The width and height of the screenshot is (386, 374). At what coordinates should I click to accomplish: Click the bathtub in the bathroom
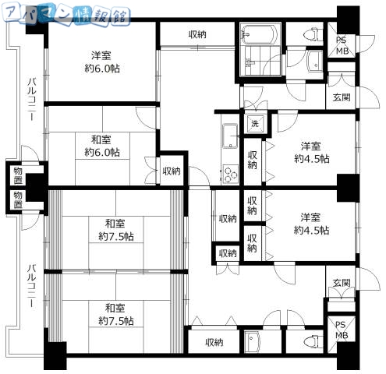tap(259, 34)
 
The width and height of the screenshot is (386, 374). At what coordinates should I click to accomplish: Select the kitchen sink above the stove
tap(230, 136)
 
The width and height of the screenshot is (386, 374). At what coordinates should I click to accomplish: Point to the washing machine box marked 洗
tap(255, 124)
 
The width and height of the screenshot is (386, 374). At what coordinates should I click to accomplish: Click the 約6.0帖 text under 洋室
tap(102, 69)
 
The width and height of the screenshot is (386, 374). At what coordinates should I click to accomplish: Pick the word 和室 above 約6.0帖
tap(101, 139)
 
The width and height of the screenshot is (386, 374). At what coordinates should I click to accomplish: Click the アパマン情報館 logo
tap(66, 14)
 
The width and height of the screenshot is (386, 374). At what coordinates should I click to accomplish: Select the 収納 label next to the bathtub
tap(197, 34)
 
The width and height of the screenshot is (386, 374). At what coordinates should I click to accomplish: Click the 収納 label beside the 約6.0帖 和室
tap(172, 171)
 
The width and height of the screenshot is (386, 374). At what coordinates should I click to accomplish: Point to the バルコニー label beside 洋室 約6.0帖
tap(32, 99)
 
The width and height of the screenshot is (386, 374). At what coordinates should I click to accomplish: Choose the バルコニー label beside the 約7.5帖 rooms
tap(32, 285)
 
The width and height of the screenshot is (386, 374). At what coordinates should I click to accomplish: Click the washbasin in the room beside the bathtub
tap(315, 62)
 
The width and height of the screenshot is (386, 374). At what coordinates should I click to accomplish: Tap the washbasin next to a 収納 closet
tap(252, 342)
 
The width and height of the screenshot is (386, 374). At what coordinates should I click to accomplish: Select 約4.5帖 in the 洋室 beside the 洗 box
tap(312, 158)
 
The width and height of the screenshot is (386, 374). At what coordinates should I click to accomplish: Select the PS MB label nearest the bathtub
tap(342, 46)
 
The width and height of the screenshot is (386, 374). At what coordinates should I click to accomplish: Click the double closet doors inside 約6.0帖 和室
tap(151, 171)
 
